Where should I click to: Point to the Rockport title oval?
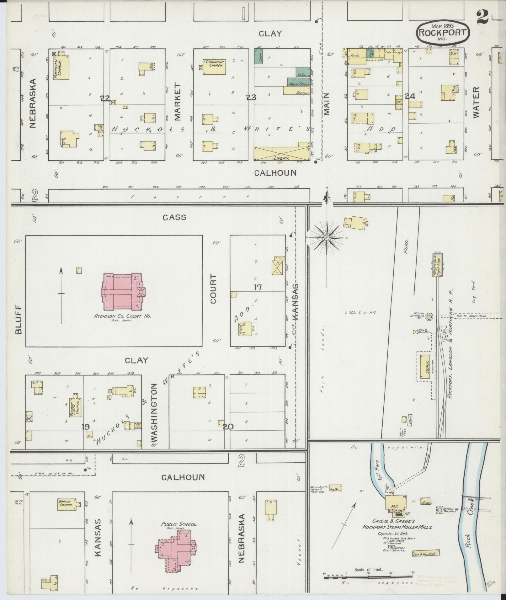coord(443,32)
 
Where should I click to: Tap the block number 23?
coord(251,98)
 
